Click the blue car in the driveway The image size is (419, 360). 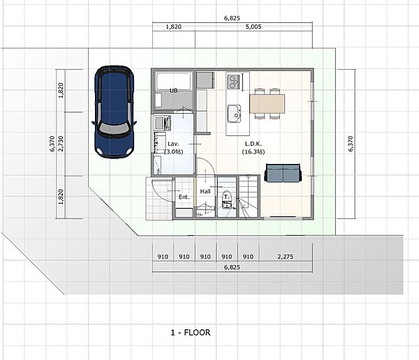point(114,112)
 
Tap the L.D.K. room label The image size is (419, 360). point(253,144)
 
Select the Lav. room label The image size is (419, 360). point(173,144)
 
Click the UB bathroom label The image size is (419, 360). point(173,91)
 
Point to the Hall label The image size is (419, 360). point(205,191)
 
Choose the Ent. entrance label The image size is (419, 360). point(184,197)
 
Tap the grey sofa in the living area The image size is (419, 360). point(283,173)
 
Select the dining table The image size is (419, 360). point(267,104)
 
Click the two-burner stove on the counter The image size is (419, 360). point(233,82)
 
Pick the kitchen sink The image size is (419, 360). point(234,114)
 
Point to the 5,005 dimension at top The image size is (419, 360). point(253,27)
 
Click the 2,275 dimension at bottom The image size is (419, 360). point(286,257)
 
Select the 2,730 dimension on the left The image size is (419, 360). point(61,144)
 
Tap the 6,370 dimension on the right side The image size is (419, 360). point(351,144)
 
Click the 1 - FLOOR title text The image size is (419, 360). point(191,333)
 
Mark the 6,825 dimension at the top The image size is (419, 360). point(232,18)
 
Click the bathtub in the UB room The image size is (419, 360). point(173,81)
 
